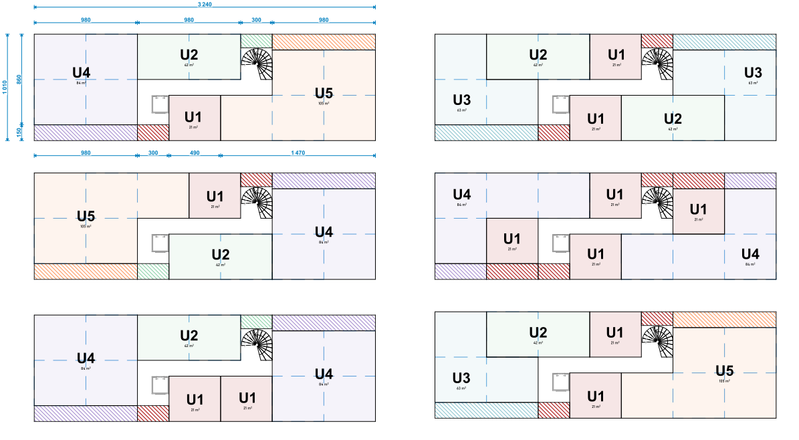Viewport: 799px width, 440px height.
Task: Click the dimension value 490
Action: point(195,153)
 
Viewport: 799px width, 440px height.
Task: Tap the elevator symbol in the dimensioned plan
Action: point(160,106)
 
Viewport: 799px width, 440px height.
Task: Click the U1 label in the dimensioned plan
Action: point(194,117)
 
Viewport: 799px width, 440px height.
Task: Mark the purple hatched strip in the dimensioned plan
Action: point(86,132)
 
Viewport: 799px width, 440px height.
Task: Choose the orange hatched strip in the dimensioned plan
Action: point(324,41)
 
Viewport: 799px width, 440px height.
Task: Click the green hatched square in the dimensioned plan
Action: point(256,41)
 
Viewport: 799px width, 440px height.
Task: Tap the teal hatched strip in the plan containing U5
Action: point(486,410)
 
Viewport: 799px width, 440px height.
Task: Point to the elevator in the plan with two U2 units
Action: point(560,106)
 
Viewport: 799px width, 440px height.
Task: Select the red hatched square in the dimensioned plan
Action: point(153,132)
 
